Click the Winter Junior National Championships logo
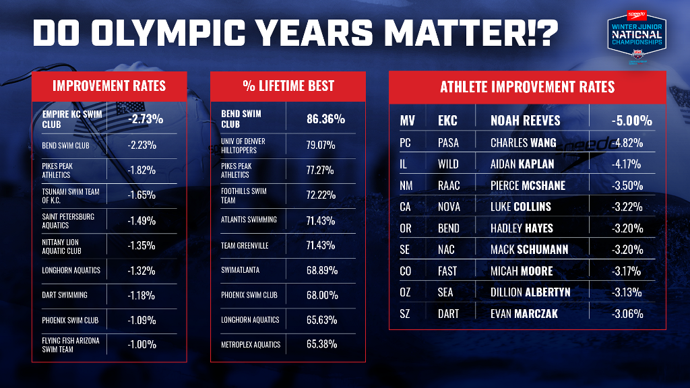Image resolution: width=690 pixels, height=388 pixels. pyautogui.click(x=637, y=38)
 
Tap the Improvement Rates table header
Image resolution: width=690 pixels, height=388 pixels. pyautogui.click(x=109, y=86)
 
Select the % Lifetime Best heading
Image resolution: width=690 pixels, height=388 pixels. pyautogui.click(x=288, y=86)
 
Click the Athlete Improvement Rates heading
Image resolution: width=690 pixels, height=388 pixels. pyautogui.click(x=527, y=87)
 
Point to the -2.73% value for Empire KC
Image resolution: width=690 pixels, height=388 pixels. pyautogui.click(x=146, y=119)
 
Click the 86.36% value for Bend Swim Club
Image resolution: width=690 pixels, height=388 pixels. pyautogui.click(x=325, y=119)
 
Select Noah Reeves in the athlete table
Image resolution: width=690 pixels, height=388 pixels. pyautogui.click(x=526, y=121)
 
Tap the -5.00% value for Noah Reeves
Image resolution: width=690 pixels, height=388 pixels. pyautogui.click(x=631, y=121)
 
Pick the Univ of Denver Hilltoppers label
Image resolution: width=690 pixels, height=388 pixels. pyautogui.click(x=243, y=145)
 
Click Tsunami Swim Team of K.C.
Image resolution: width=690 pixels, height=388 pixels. pyautogui.click(x=70, y=196)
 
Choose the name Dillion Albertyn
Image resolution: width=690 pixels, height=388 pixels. pyautogui.click(x=530, y=292)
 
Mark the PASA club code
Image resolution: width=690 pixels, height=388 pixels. pyautogui.click(x=448, y=143)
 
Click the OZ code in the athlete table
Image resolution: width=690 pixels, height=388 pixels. pyautogui.click(x=405, y=292)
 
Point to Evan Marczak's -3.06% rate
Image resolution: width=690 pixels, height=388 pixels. pyautogui.click(x=627, y=314)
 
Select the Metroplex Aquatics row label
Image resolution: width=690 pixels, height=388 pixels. pyautogui.click(x=251, y=344)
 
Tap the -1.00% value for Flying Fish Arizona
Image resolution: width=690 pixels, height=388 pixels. pyautogui.click(x=142, y=344)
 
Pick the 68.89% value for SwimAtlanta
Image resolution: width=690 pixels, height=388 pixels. pyautogui.click(x=321, y=270)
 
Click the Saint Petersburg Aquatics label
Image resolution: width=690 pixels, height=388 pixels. pyautogui.click(x=68, y=221)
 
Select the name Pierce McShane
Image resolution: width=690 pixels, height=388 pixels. pyautogui.click(x=528, y=186)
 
